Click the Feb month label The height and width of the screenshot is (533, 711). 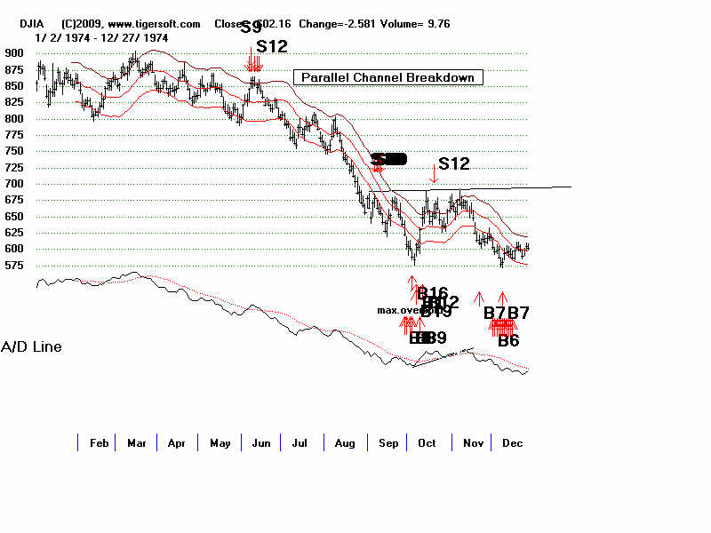pos(100,442)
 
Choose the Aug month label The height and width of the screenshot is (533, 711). pos(342,442)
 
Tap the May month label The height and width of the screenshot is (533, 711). pos(220,442)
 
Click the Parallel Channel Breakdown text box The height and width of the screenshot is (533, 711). pos(388,77)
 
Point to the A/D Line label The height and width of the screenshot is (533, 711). pos(31,346)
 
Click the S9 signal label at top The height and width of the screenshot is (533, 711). pos(252,28)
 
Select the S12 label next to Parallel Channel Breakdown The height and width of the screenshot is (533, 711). pos(272,47)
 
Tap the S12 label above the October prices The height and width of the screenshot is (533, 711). pos(453,163)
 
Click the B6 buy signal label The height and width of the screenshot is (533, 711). pos(508,340)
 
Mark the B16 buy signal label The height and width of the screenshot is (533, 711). pos(432,293)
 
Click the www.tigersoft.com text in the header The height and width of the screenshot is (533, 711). pos(156,24)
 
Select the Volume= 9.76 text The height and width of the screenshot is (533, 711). pos(417,24)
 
